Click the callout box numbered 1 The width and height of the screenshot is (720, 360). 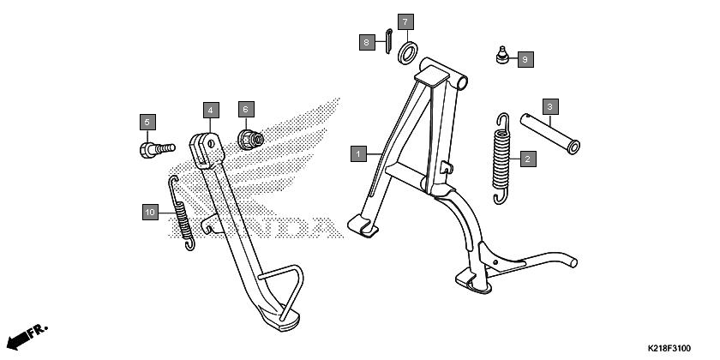358,153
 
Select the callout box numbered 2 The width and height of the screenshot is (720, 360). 528,159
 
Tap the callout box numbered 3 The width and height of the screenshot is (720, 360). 550,106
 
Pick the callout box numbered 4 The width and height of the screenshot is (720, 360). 211,111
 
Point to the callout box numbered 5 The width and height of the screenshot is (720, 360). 147,122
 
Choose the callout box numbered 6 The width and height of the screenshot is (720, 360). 246,110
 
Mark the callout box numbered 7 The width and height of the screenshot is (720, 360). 405,22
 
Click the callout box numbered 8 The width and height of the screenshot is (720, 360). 367,43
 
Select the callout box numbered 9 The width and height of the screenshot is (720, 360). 525,59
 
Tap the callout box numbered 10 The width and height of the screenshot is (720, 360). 150,213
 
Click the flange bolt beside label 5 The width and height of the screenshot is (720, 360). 158,150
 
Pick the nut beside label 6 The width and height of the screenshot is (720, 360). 250,140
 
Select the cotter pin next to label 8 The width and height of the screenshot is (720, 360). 388,41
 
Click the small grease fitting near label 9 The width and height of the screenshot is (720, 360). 502,55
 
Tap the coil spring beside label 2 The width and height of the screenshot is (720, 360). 501,159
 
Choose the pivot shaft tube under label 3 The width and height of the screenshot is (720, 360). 549,134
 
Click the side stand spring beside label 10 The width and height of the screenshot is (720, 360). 182,214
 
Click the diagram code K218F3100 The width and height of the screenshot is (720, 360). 669,349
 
